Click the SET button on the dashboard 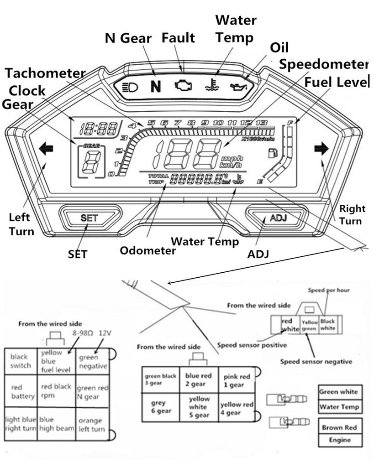click(89, 218)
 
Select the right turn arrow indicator click(321, 148)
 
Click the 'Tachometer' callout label click(46, 73)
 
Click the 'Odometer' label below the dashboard click(148, 250)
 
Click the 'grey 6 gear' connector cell click(160, 407)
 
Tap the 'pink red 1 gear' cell click(236, 381)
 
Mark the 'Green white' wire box click(338, 392)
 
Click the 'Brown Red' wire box click(339, 428)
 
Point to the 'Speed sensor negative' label click(316, 362)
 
